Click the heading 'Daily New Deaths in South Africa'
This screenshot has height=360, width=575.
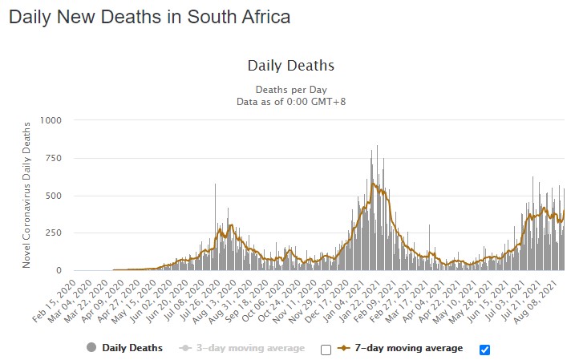click(149, 17)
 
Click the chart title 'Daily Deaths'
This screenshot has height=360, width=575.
click(290, 66)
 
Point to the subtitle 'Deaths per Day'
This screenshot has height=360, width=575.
click(290, 89)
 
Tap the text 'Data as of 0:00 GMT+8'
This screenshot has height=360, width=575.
click(290, 101)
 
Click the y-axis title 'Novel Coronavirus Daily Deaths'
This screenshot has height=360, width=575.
click(26, 195)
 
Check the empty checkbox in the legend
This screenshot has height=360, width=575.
click(326, 349)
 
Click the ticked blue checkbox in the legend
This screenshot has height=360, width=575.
click(484, 349)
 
